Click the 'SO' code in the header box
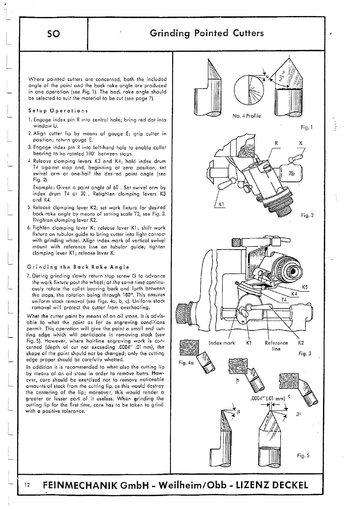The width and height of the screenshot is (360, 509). pyautogui.click(x=54, y=34)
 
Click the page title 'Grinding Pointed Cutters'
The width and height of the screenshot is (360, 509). pyautogui.click(x=207, y=33)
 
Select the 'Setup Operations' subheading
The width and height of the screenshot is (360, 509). pyautogui.click(x=58, y=111)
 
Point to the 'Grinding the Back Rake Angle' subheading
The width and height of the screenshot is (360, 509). pyautogui.click(x=78, y=267)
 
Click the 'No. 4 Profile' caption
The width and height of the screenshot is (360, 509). pyautogui.click(x=246, y=116)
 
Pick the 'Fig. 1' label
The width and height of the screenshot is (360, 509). pyautogui.click(x=307, y=128)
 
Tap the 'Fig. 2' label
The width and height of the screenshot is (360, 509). pyautogui.click(x=307, y=215)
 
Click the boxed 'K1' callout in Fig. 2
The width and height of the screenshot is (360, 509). pyautogui.click(x=221, y=205)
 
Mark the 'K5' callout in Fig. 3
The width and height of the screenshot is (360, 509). pyautogui.click(x=305, y=287)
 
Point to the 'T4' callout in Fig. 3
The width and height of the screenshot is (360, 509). pyautogui.click(x=284, y=300)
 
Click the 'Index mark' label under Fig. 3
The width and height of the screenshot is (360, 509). pyautogui.click(x=222, y=343)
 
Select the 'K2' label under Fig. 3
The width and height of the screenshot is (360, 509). pyautogui.click(x=301, y=343)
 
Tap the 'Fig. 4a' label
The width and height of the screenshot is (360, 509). pyautogui.click(x=186, y=363)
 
